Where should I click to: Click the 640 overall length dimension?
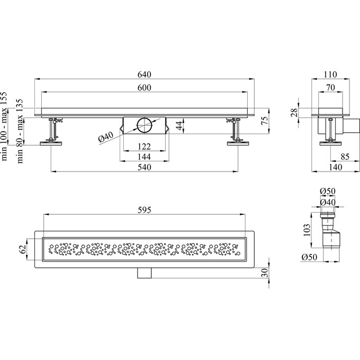(x=145, y=75)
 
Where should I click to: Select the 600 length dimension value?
(x=145, y=87)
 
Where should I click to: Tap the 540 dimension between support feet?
(x=145, y=167)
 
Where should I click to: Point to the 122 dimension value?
(x=145, y=147)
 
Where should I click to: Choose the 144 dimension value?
(x=145, y=157)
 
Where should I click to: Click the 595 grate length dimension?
(x=145, y=210)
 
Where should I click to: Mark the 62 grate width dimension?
(x=22, y=249)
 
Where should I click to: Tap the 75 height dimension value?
(x=265, y=121)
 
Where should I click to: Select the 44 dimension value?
(x=179, y=125)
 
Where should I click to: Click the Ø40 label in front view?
(x=105, y=137)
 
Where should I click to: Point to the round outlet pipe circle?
(x=145, y=125)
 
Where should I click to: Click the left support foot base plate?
(x=51, y=143)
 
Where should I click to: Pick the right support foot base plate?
(x=238, y=143)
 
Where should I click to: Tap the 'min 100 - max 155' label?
(x=4, y=127)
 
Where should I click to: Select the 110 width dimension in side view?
(x=330, y=75)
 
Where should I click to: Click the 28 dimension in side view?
(x=294, y=113)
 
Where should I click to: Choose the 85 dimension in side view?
(x=345, y=157)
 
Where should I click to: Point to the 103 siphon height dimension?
(x=307, y=230)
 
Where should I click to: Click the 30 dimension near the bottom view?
(x=265, y=273)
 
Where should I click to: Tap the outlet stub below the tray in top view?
(x=145, y=273)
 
